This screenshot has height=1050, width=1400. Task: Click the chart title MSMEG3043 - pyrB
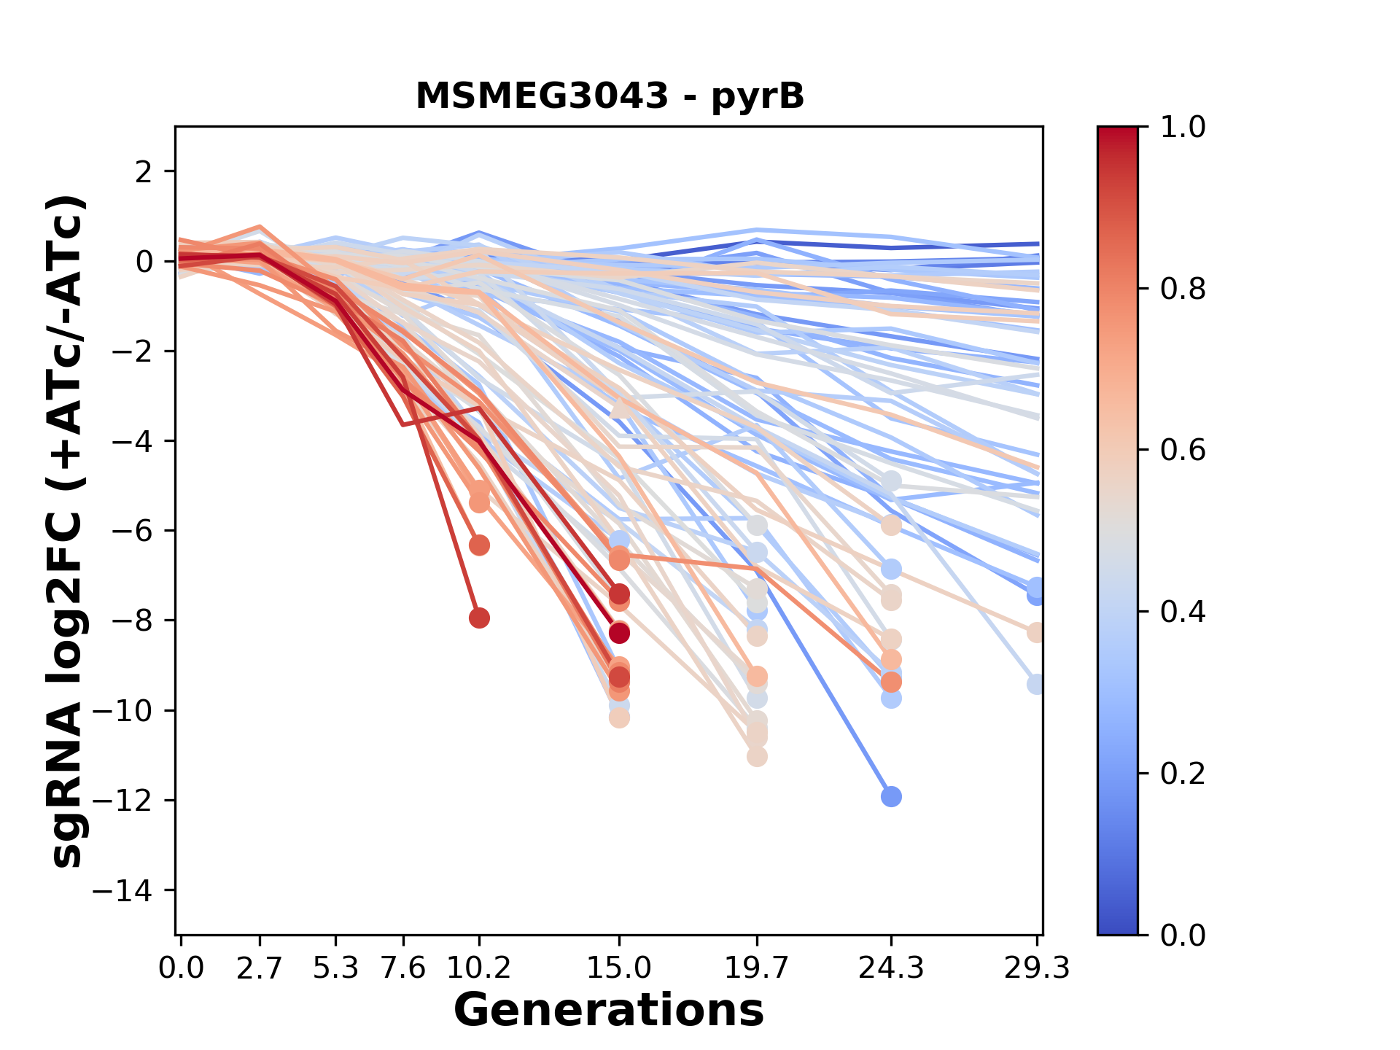click(610, 96)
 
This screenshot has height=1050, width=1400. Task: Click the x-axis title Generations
click(609, 1011)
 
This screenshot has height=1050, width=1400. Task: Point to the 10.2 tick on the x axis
click(479, 968)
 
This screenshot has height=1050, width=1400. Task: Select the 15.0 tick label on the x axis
click(619, 968)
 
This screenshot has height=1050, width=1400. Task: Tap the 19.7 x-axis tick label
click(757, 968)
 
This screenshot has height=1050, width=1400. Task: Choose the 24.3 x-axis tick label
click(891, 968)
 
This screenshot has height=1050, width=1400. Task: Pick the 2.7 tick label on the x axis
click(260, 968)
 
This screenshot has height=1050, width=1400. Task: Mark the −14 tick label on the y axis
click(122, 890)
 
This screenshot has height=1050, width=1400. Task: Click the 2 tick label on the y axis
click(144, 171)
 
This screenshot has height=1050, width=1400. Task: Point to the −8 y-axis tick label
click(131, 621)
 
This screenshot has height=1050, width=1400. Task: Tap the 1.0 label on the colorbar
click(1183, 127)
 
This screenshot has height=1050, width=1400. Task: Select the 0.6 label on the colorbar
click(1183, 450)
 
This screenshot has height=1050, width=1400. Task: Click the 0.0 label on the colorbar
click(1183, 935)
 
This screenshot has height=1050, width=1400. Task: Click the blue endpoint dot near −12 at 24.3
click(891, 796)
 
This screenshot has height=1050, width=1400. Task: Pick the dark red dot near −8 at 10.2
click(479, 618)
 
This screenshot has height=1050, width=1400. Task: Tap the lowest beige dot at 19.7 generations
click(757, 756)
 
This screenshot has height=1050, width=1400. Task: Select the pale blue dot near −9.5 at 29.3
click(1036, 684)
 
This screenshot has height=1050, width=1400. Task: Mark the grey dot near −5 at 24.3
click(891, 481)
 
